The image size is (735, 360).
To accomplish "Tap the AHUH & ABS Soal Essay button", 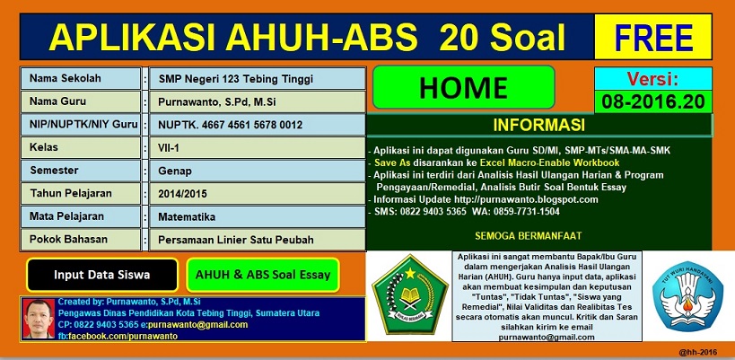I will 262,275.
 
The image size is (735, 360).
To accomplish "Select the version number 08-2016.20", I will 652,101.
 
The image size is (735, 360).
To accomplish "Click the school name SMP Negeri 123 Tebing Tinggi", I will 256,79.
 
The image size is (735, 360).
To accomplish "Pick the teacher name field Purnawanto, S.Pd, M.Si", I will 256,102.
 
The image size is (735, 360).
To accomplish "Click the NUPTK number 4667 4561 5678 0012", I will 256,126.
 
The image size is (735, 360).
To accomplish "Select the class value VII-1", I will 256,146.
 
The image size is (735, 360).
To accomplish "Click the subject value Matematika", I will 256,216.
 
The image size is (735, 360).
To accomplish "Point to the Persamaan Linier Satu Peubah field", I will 256,240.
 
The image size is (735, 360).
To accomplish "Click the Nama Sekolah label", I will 82,79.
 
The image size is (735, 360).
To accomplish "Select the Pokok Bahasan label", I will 82,240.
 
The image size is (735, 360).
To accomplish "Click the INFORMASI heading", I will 539,124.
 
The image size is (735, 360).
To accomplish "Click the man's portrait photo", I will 37,318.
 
